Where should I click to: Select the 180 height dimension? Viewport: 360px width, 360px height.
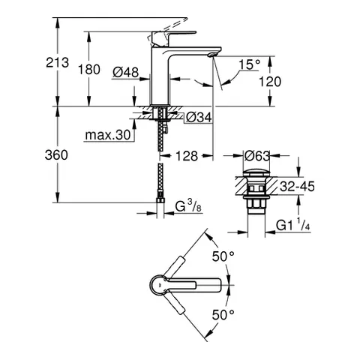coord(89,69)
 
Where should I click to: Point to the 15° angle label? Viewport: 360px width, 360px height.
coord(250,64)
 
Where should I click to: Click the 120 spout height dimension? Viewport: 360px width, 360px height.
coord(271,82)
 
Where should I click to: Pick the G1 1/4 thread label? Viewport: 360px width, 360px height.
coord(295,223)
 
